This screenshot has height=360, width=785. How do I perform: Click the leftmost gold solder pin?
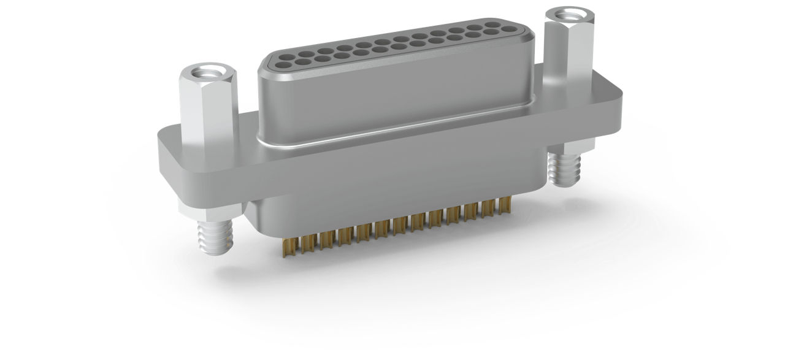tap(286, 246)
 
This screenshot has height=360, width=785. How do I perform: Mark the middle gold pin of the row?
tap(399, 227)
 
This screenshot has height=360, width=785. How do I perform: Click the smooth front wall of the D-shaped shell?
tap(392, 98)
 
